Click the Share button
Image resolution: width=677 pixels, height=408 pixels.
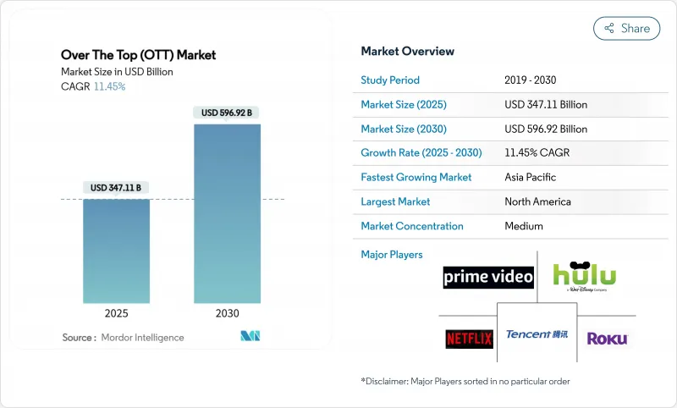pyautogui.click(x=626, y=28)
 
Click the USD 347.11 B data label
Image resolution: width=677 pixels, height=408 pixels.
pyautogui.click(x=117, y=187)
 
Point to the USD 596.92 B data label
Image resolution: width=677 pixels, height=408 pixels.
pyautogui.click(x=227, y=113)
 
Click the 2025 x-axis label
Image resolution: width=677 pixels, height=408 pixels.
pyautogui.click(x=117, y=313)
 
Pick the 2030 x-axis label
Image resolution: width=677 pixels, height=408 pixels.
pyautogui.click(x=227, y=313)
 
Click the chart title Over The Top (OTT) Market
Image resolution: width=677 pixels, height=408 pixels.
pyautogui.click(x=139, y=55)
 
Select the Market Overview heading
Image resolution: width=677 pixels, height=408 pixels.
pyautogui.click(x=408, y=52)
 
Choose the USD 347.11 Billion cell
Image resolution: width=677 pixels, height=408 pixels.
pyautogui.click(x=546, y=105)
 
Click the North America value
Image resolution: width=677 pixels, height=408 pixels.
pyautogui.click(x=537, y=202)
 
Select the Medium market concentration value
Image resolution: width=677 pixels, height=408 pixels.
pyautogui.click(x=524, y=226)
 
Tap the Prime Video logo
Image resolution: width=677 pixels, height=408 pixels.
pyautogui.click(x=488, y=277)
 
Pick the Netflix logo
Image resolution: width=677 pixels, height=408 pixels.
pyautogui.click(x=469, y=339)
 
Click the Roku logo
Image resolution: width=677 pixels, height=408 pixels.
pyautogui.click(x=607, y=339)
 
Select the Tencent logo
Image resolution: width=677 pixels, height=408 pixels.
pyautogui.click(x=537, y=334)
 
